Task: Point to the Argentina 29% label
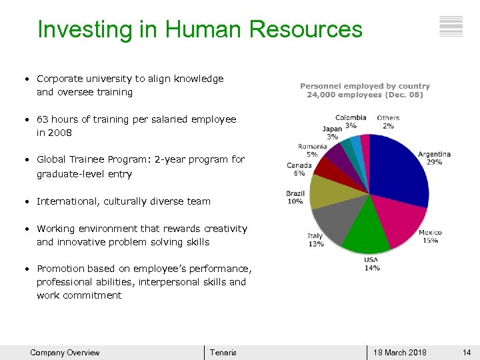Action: coord(434,158)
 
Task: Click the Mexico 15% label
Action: coord(430,236)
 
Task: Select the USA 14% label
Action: coord(371,263)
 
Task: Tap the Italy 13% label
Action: coord(315,239)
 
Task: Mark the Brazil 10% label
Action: coord(295,197)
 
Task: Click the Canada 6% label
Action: coord(299,169)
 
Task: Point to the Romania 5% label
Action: coord(312,150)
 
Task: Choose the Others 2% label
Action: coord(388,121)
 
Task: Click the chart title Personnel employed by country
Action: coord(365,86)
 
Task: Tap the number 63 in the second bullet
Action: coord(43,119)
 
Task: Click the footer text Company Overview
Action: coord(65,353)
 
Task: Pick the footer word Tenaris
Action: coord(223,353)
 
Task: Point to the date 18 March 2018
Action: coord(400,353)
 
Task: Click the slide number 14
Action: coord(467,353)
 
